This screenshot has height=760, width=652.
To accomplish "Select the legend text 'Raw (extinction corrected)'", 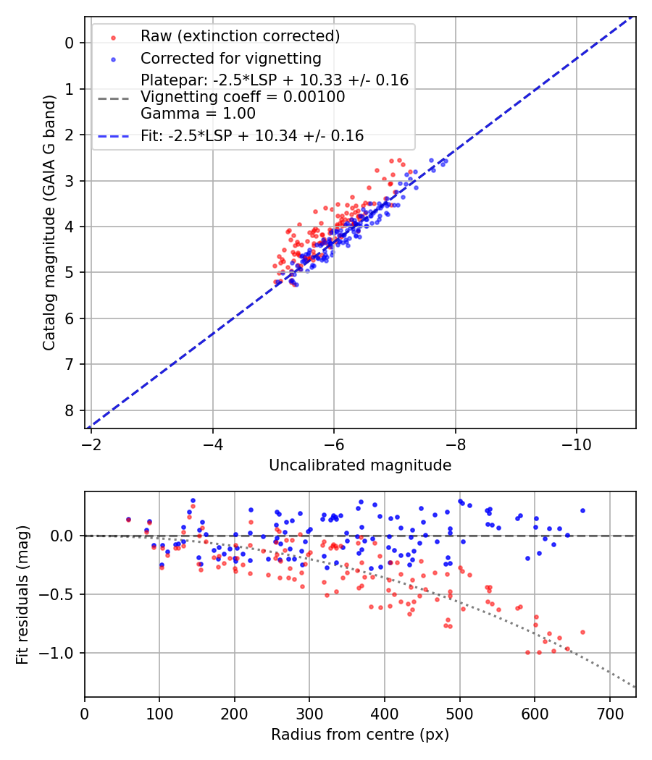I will (x=240, y=36).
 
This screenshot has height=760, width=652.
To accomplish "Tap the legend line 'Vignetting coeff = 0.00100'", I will (x=243, y=97).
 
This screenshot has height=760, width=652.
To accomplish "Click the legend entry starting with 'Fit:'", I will (x=251, y=135).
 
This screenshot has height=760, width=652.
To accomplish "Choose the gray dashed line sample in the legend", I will (x=112, y=97).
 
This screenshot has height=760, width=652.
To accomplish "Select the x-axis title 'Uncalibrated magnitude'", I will (x=360, y=465).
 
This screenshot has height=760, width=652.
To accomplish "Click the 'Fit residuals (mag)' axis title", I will (x=22, y=595).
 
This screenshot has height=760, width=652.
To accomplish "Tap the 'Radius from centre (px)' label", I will (x=360, y=735).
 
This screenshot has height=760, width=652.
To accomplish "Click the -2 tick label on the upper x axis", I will (x=91, y=442).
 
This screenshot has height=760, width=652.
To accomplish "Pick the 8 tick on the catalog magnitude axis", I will (x=70, y=410).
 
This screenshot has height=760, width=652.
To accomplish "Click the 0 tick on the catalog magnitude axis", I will (x=70, y=43).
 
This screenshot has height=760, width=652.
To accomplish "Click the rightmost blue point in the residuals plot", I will (x=582, y=510).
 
